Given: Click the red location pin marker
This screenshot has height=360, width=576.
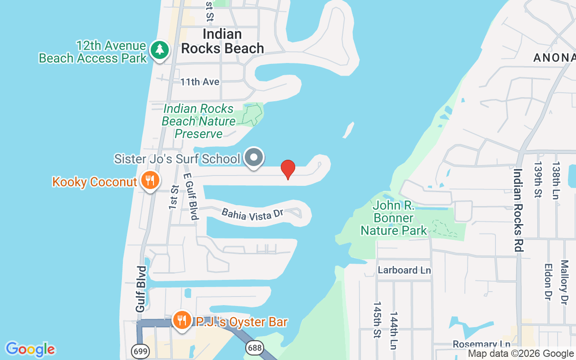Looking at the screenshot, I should pos(288,169).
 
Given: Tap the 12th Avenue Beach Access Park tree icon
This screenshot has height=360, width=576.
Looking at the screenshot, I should pos(159,50).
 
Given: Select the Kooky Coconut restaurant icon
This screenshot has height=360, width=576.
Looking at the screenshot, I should pos(148,180).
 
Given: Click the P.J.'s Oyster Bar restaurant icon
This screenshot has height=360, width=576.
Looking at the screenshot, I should pos(182,320).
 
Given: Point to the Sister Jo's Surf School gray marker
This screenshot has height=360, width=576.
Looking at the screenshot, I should pos(254,157).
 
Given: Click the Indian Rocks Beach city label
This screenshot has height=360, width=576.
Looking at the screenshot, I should pos(222,41).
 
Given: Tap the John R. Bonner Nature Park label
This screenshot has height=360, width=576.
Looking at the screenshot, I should pos(394,218).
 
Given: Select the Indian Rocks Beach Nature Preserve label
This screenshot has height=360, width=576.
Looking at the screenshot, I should pos(198,121).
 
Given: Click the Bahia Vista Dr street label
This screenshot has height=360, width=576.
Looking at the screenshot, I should pos(252,214).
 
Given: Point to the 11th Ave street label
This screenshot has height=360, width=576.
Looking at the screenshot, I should pos(200,82).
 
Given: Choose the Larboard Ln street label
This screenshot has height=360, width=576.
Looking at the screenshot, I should pos(404,270).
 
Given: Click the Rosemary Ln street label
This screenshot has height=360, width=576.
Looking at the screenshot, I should pos(481,344).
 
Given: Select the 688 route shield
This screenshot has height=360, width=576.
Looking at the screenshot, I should pos(254,347).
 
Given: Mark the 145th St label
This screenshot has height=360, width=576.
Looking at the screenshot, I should pos(377,319).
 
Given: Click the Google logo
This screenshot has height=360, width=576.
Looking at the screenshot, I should pos(30,349).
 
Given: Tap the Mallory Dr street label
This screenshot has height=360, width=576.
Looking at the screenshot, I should pos(564,282).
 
